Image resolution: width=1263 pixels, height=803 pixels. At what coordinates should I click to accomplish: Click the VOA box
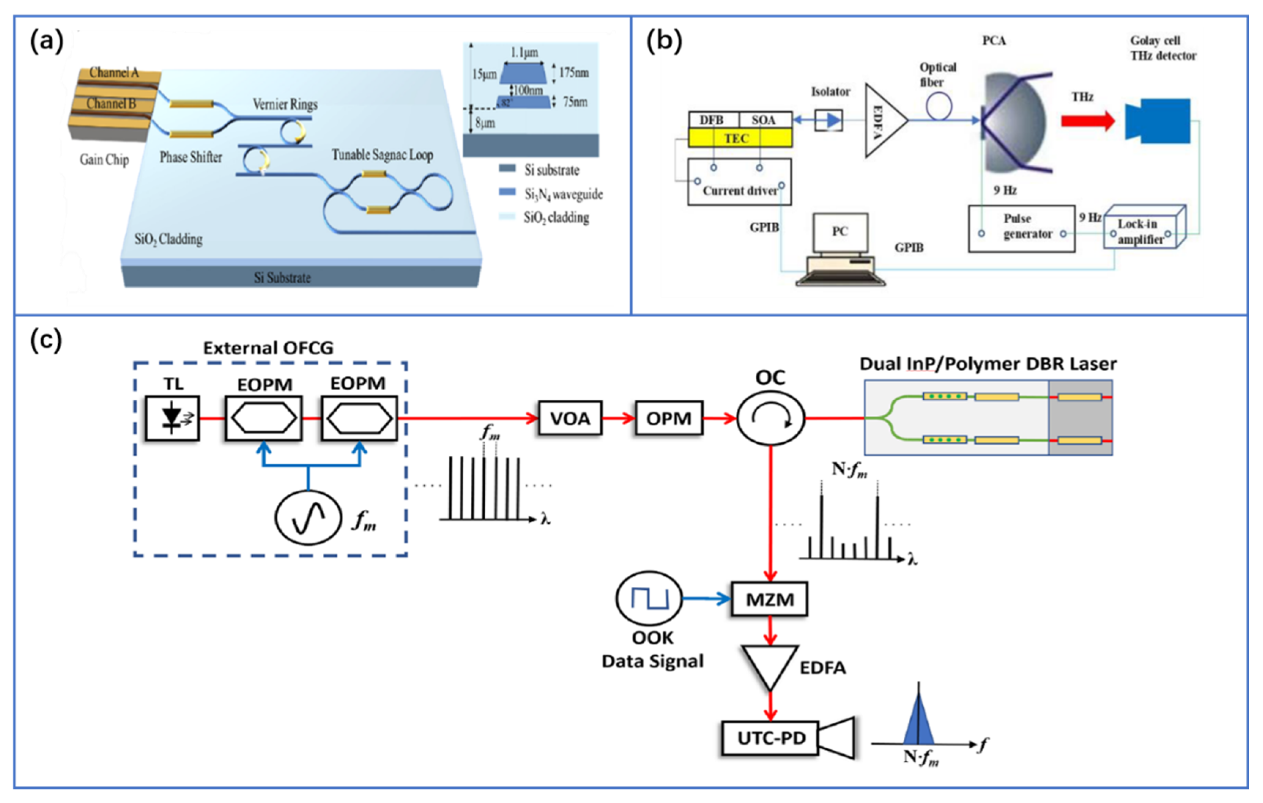(x=570, y=418)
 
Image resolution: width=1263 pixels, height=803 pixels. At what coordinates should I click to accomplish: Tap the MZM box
(x=770, y=599)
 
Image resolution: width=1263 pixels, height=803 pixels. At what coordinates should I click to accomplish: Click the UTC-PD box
(x=770, y=738)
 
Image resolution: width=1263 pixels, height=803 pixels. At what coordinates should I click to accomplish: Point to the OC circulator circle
(x=770, y=418)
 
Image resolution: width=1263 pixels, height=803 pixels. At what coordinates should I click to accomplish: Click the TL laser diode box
(x=172, y=418)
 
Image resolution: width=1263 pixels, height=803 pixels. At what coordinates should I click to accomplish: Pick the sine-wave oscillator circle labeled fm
(x=308, y=517)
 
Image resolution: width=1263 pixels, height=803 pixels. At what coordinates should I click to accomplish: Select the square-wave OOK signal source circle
(x=649, y=598)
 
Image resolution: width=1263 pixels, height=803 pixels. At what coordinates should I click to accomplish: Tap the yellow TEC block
(x=740, y=138)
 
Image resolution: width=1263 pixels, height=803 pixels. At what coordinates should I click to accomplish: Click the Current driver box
(x=739, y=182)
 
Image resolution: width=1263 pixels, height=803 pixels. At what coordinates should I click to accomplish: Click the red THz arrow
(x=1087, y=121)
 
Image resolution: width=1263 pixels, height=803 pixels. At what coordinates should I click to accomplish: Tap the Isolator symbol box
(x=829, y=121)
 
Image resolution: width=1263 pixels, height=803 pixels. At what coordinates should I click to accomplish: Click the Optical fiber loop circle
(x=939, y=106)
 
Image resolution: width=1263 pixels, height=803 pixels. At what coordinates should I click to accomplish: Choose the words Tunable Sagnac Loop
(x=382, y=155)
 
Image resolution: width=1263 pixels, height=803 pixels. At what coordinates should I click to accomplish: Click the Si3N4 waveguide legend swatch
(x=507, y=192)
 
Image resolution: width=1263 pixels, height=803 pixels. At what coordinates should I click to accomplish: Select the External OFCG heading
(x=268, y=348)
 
